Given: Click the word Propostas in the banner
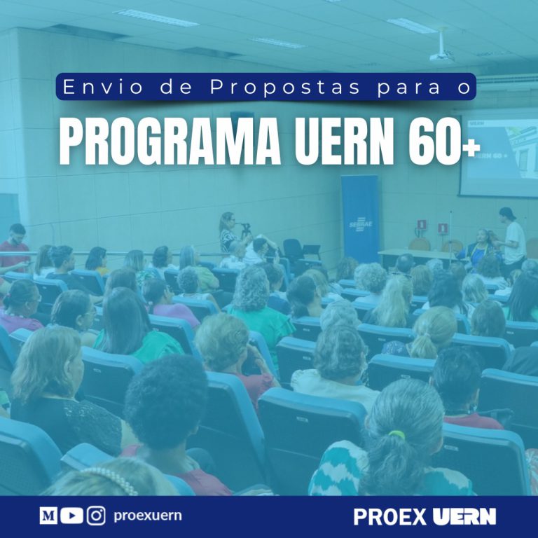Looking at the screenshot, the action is tap(285, 87).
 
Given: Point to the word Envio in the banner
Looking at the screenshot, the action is tap(102, 87).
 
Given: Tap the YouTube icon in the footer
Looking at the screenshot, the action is tap(71, 516).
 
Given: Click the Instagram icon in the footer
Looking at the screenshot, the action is tap(96, 516).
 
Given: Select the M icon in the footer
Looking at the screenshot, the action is tap(48, 516).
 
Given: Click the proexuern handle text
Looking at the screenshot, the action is tap(148, 516).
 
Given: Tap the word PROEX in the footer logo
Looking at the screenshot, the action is tap(389, 517).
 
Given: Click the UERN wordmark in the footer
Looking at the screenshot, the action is tap(464, 517).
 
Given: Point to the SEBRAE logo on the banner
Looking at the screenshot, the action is tap(361, 225).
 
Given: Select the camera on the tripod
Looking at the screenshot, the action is tap(246, 227).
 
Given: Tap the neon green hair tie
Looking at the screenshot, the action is tap(397, 434).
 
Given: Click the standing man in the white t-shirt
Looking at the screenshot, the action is tap(513, 240).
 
